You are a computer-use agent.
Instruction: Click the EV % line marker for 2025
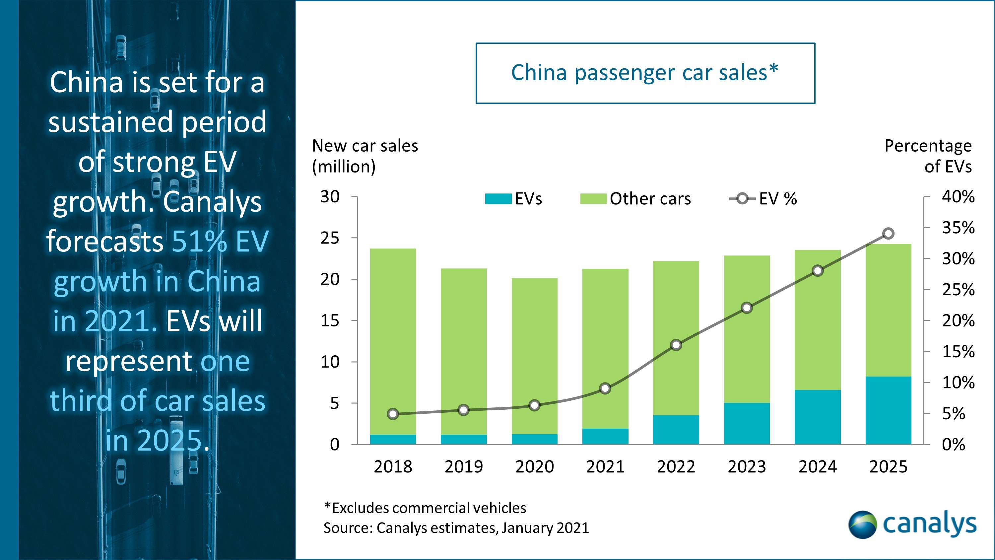tap(888, 234)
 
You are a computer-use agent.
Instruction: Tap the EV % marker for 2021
tap(605, 388)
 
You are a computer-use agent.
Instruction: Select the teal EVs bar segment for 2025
tap(888, 410)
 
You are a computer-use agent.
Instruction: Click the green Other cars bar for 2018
tap(393, 342)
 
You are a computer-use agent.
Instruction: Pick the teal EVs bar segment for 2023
tap(746, 424)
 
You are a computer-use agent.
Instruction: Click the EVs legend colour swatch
tap(498, 199)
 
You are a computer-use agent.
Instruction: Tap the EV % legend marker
tap(742, 199)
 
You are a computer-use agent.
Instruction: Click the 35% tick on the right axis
tap(958, 228)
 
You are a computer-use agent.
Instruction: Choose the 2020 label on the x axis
tap(534, 466)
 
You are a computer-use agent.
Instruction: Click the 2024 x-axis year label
tap(817, 466)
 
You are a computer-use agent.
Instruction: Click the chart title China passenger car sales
tap(645, 73)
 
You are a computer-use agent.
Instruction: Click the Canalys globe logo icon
tap(862, 525)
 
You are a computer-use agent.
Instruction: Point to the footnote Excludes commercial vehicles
tap(425, 508)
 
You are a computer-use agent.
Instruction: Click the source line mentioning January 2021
tap(456, 528)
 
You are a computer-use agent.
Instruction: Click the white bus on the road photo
tap(176, 450)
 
